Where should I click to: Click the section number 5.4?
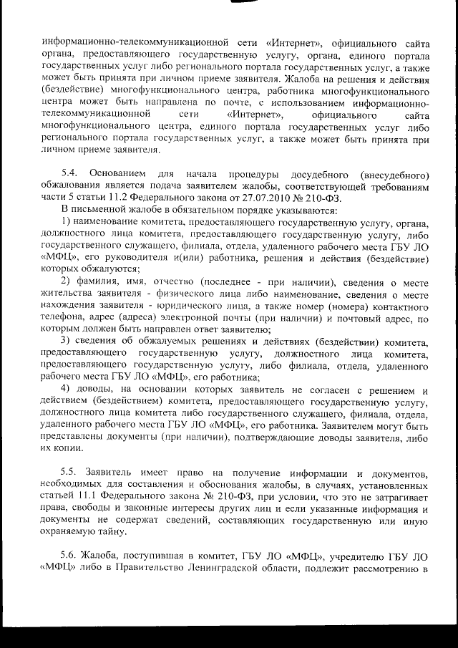pos(70,175)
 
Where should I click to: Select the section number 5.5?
pos(70,474)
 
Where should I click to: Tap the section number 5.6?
pos(70,555)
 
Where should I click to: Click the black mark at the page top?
pos(241,3)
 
